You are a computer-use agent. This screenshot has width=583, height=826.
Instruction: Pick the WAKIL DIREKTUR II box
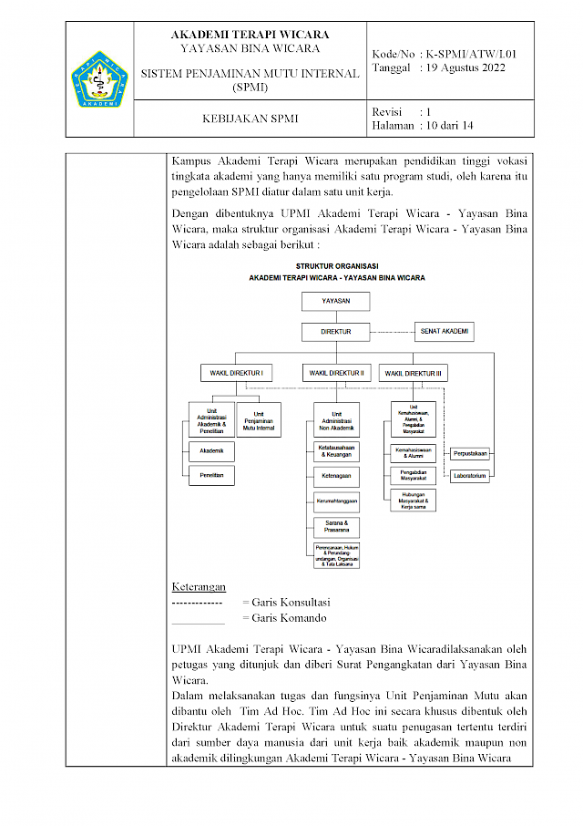tap(337, 373)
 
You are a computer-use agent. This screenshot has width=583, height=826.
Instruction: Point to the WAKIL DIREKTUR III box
tap(414, 373)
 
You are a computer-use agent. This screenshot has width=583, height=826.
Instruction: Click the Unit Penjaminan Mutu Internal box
tap(259, 418)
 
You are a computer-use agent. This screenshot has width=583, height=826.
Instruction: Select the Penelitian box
tap(211, 475)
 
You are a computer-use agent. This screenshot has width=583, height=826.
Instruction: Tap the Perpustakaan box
tap(471, 453)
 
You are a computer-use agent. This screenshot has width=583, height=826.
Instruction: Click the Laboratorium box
tap(471, 475)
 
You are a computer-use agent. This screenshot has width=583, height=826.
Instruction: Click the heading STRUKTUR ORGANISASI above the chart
tap(337, 265)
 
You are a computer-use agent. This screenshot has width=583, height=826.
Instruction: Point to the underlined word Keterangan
tap(199, 586)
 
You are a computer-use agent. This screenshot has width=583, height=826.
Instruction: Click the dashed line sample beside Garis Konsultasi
tap(197, 603)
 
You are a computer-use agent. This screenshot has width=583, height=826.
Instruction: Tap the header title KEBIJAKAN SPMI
tap(250, 119)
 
